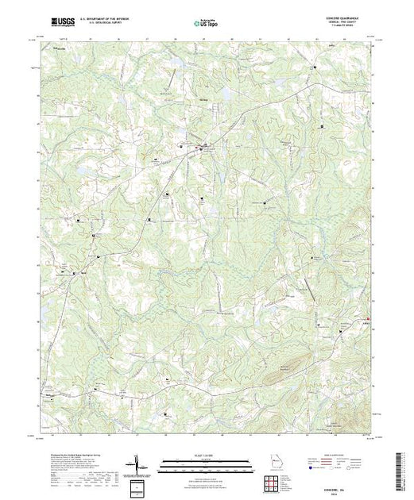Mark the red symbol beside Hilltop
(x=378, y=320)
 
